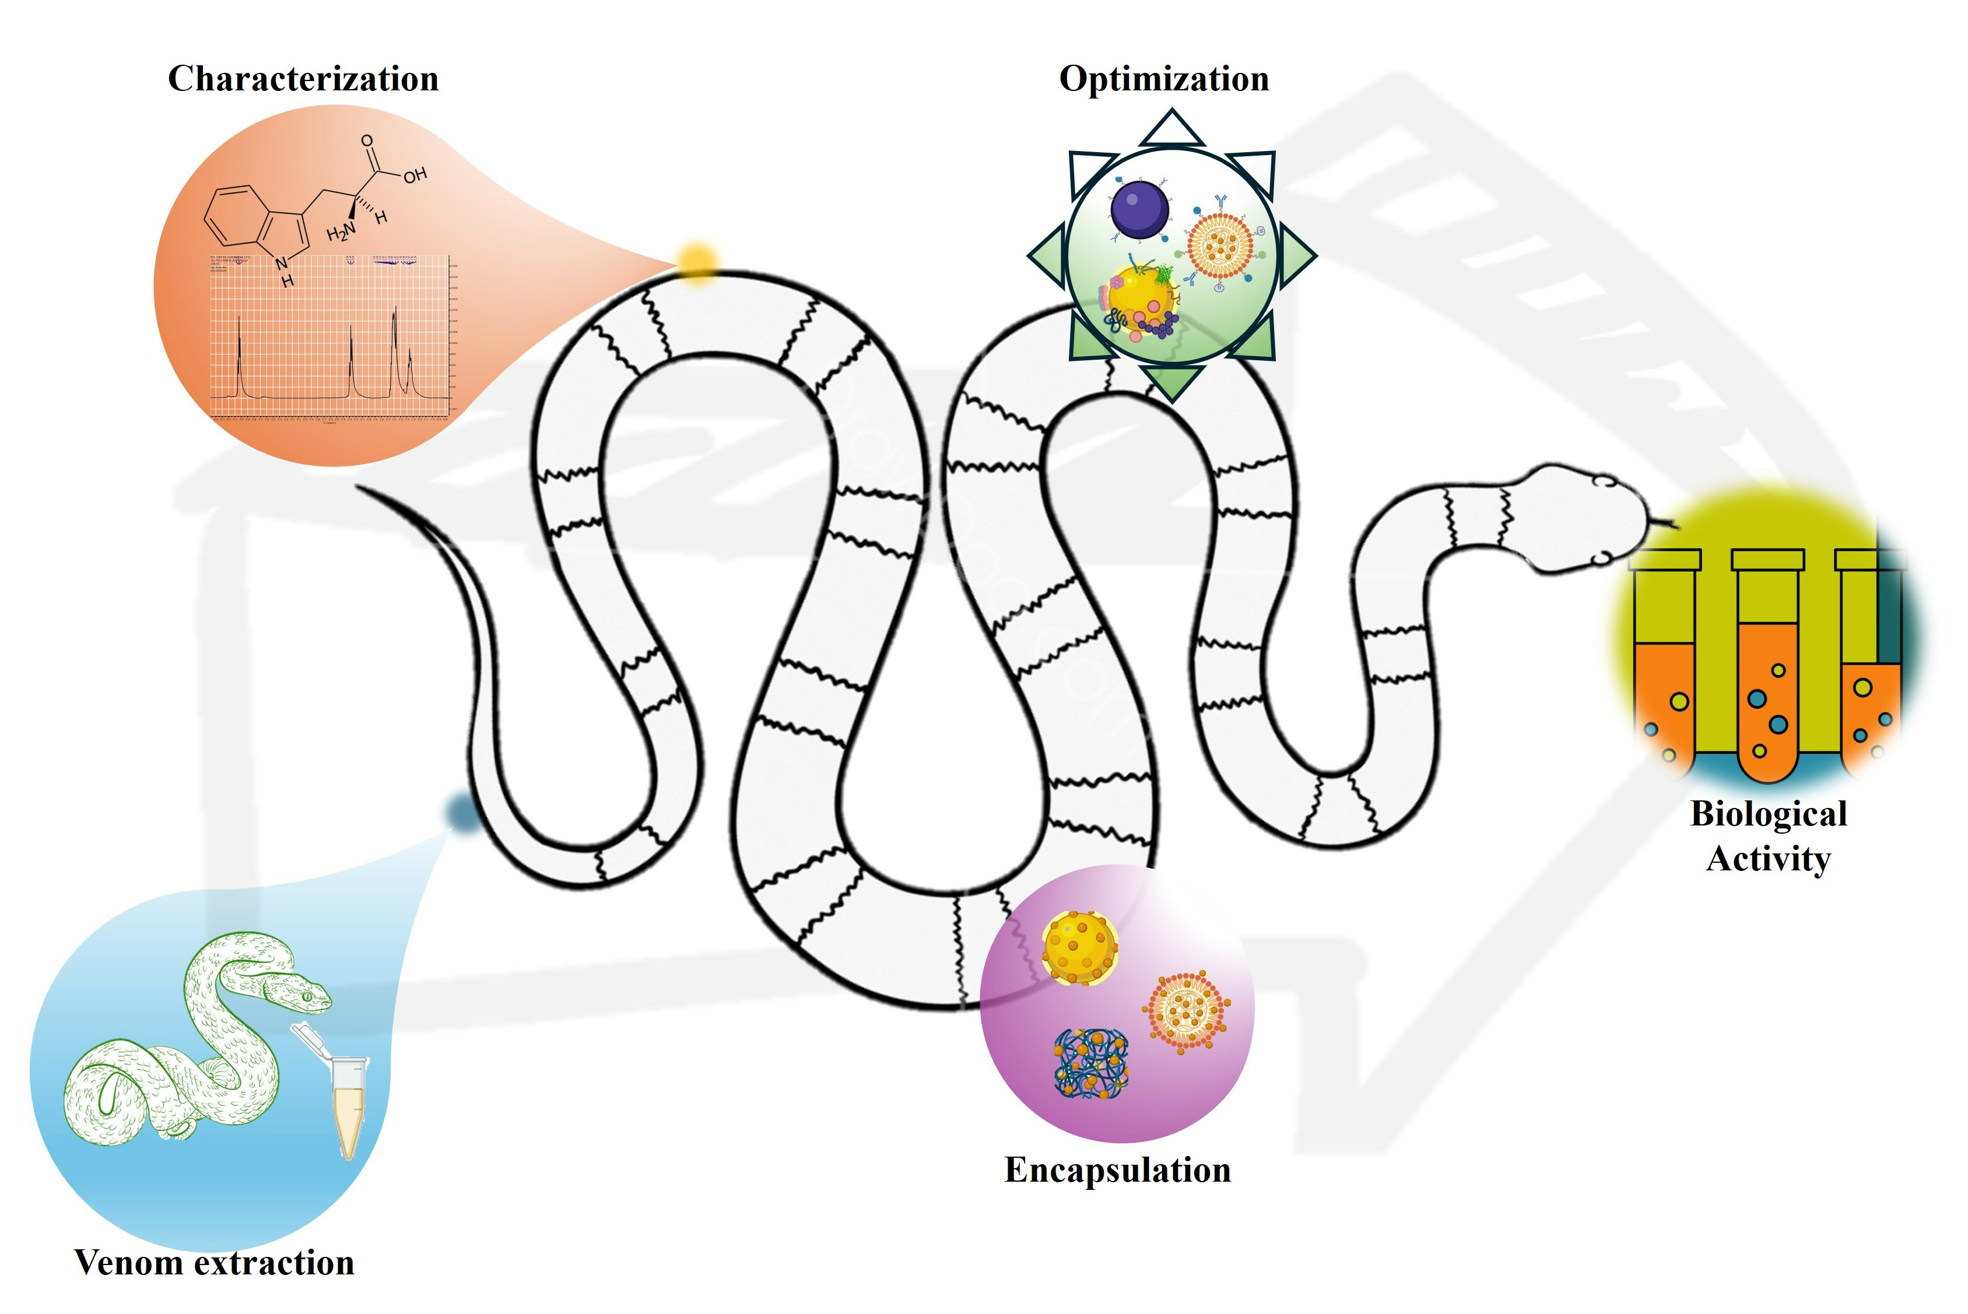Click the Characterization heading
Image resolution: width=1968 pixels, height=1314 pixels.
303,79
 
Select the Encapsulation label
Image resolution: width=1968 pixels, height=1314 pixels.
1117,1170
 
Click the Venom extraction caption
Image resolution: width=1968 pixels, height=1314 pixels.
214,1262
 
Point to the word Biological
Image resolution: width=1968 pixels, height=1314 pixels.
1769,814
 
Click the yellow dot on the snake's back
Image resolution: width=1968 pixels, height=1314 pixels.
696,261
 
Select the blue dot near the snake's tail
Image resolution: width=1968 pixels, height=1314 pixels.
460,810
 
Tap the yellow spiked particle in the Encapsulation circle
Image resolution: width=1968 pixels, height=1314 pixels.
1079,947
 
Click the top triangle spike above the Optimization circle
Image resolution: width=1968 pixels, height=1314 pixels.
1171,130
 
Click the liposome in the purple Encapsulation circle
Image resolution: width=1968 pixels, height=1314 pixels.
1186,1011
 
